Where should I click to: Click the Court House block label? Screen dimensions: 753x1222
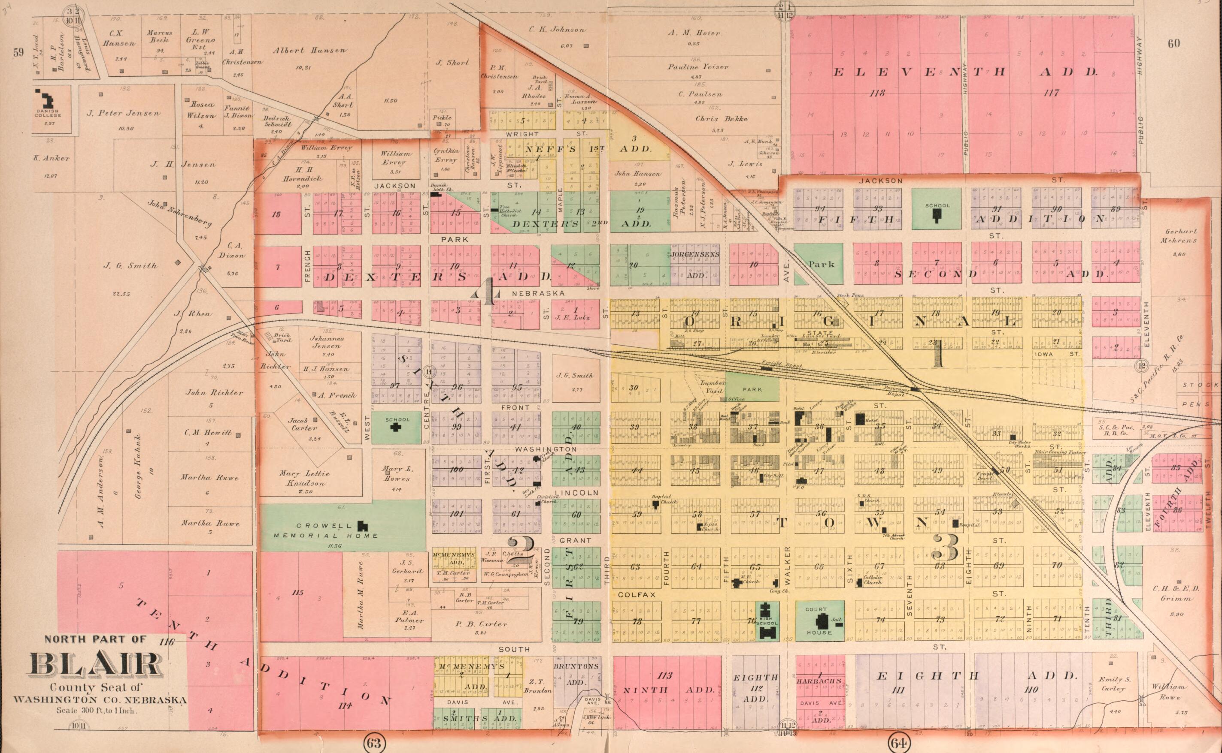(819, 620)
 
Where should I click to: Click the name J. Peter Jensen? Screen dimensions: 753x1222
(124, 113)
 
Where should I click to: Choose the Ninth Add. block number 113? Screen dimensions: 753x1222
(665, 676)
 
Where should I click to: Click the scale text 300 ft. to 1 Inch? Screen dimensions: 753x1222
(96, 711)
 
